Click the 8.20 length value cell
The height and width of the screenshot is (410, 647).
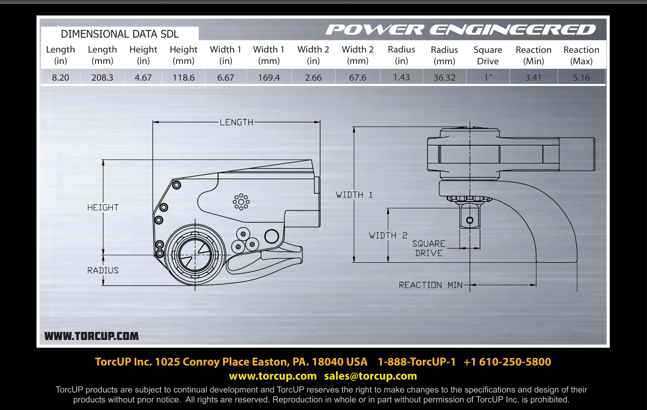pyautogui.click(x=61, y=77)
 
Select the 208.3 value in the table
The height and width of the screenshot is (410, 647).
pyautogui.click(x=102, y=77)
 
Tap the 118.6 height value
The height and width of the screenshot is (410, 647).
pyautogui.click(x=183, y=77)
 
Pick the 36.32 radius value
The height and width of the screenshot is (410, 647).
pyautogui.click(x=444, y=77)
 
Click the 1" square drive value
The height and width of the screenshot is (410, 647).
pyautogui.click(x=488, y=77)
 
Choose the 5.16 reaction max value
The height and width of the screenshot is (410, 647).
pyautogui.click(x=581, y=77)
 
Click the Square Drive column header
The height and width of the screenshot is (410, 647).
pyautogui.click(x=488, y=55)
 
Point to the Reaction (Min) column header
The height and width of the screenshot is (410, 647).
pyautogui.click(x=534, y=55)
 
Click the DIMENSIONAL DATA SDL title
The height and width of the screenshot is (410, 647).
pyautogui.click(x=120, y=34)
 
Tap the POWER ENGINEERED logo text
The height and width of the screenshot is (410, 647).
pyautogui.click(x=461, y=30)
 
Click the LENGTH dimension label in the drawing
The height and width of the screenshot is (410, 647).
pyautogui.click(x=236, y=122)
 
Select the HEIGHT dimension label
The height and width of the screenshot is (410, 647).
pyautogui.click(x=103, y=207)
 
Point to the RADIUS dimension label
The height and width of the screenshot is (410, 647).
pyautogui.click(x=103, y=270)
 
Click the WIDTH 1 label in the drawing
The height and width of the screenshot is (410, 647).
pyautogui.click(x=354, y=195)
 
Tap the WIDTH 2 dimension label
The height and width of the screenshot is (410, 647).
pyautogui.click(x=388, y=235)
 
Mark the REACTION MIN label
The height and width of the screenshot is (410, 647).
pyautogui.click(x=430, y=285)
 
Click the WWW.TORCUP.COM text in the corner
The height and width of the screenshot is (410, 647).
pyautogui.click(x=92, y=336)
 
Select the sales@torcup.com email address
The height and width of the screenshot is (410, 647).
pyautogui.click(x=371, y=376)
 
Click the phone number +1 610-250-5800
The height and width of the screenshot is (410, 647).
pyautogui.click(x=507, y=362)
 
